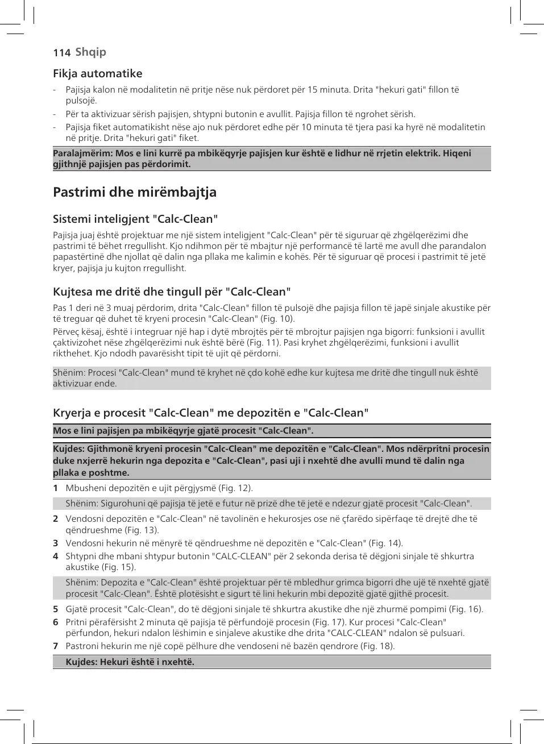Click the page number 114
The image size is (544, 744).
coord(61,53)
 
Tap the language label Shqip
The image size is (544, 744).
coord(90,52)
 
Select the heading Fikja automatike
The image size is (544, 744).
coord(97,73)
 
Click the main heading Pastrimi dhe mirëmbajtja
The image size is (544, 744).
coord(135,192)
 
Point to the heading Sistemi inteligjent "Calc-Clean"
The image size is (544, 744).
coord(135,219)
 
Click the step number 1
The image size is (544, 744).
coord(56,488)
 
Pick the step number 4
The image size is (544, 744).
coord(56,556)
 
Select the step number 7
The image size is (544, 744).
coord(56,646)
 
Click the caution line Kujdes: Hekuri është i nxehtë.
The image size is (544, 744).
coord(130,662)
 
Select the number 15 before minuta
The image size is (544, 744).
coord(313,90)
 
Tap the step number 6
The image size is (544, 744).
coord(56,622)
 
